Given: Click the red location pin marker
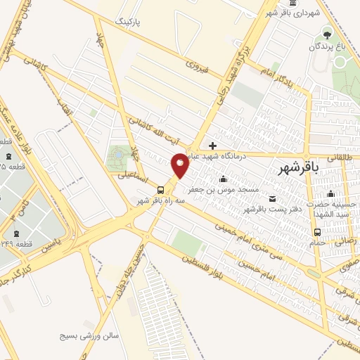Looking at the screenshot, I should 181,165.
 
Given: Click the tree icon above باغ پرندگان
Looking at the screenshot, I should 326,34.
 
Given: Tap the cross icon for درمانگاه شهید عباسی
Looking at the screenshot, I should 212,146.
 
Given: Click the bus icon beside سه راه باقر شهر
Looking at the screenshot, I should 161,189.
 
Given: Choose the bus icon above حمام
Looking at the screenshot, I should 317,231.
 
